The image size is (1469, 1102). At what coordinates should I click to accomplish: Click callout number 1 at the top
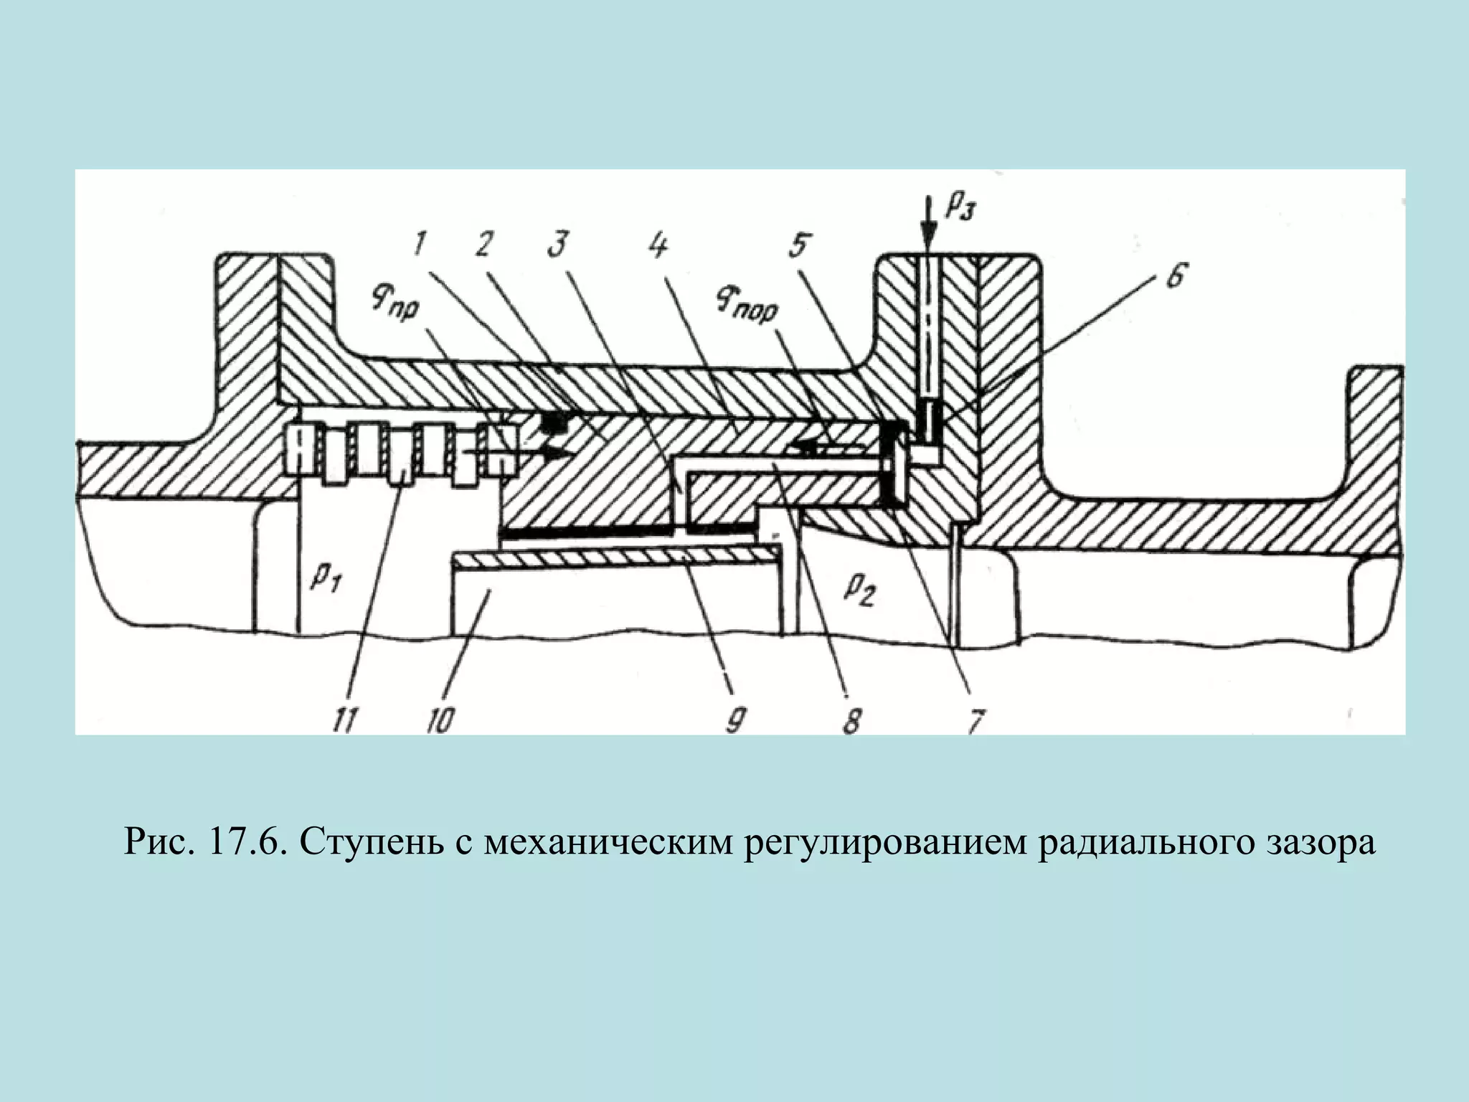pos(419,246)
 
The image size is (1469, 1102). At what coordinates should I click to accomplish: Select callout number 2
pos(483,246)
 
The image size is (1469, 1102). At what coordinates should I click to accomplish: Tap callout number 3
pos(557,246)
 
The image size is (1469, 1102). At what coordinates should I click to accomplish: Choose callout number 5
pos(798,246)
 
